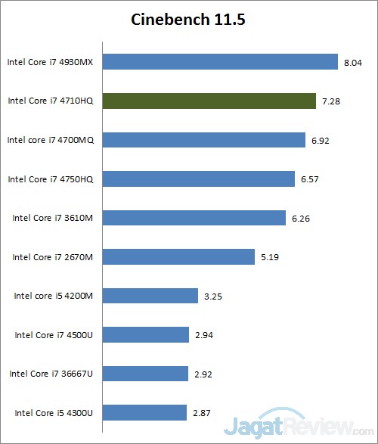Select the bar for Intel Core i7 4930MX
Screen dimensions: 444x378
coord(219,61)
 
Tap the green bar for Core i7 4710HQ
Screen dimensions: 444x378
coord(209,101)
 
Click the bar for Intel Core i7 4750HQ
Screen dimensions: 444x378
coord(198,179)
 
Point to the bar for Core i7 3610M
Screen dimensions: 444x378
coord(194,218)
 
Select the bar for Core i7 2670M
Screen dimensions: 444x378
coord(178,257)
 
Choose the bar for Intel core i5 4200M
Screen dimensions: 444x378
coord(150,296)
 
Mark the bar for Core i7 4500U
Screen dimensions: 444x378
coord(145,334)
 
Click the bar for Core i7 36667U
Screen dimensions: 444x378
coord(145,374)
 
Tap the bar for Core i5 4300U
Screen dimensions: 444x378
coord(144,412)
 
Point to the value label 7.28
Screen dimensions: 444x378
coord(330,101)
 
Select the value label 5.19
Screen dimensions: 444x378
coord(270,257)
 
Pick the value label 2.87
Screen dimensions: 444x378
coord(202,413)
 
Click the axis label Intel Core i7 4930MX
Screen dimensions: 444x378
coord(50,61)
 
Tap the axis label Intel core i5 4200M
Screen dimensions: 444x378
coord(53,296)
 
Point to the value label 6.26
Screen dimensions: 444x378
coord(301,219)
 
